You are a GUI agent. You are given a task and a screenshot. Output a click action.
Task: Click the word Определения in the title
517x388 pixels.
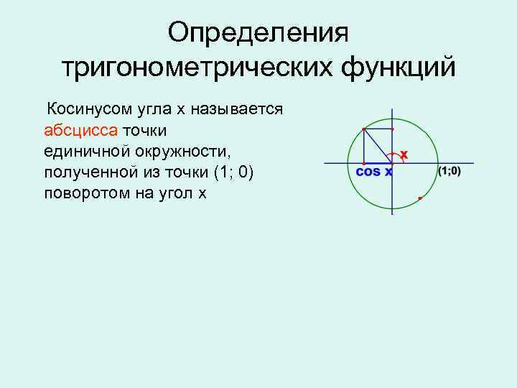(258, 32)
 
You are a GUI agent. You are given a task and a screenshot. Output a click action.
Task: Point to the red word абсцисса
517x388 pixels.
(80, 131)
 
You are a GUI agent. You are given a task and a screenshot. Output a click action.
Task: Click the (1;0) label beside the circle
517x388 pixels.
(449, 171)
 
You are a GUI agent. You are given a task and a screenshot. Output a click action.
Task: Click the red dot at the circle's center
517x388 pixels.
(392, 163)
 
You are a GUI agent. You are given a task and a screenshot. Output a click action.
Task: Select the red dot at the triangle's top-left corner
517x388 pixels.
(364, 129)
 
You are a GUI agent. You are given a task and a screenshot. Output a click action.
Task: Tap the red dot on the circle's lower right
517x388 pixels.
(419, 197)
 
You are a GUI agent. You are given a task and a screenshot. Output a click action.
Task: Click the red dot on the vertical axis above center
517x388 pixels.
(392, 129)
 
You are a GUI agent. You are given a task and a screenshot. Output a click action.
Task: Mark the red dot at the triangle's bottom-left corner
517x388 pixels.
(364, 163)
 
